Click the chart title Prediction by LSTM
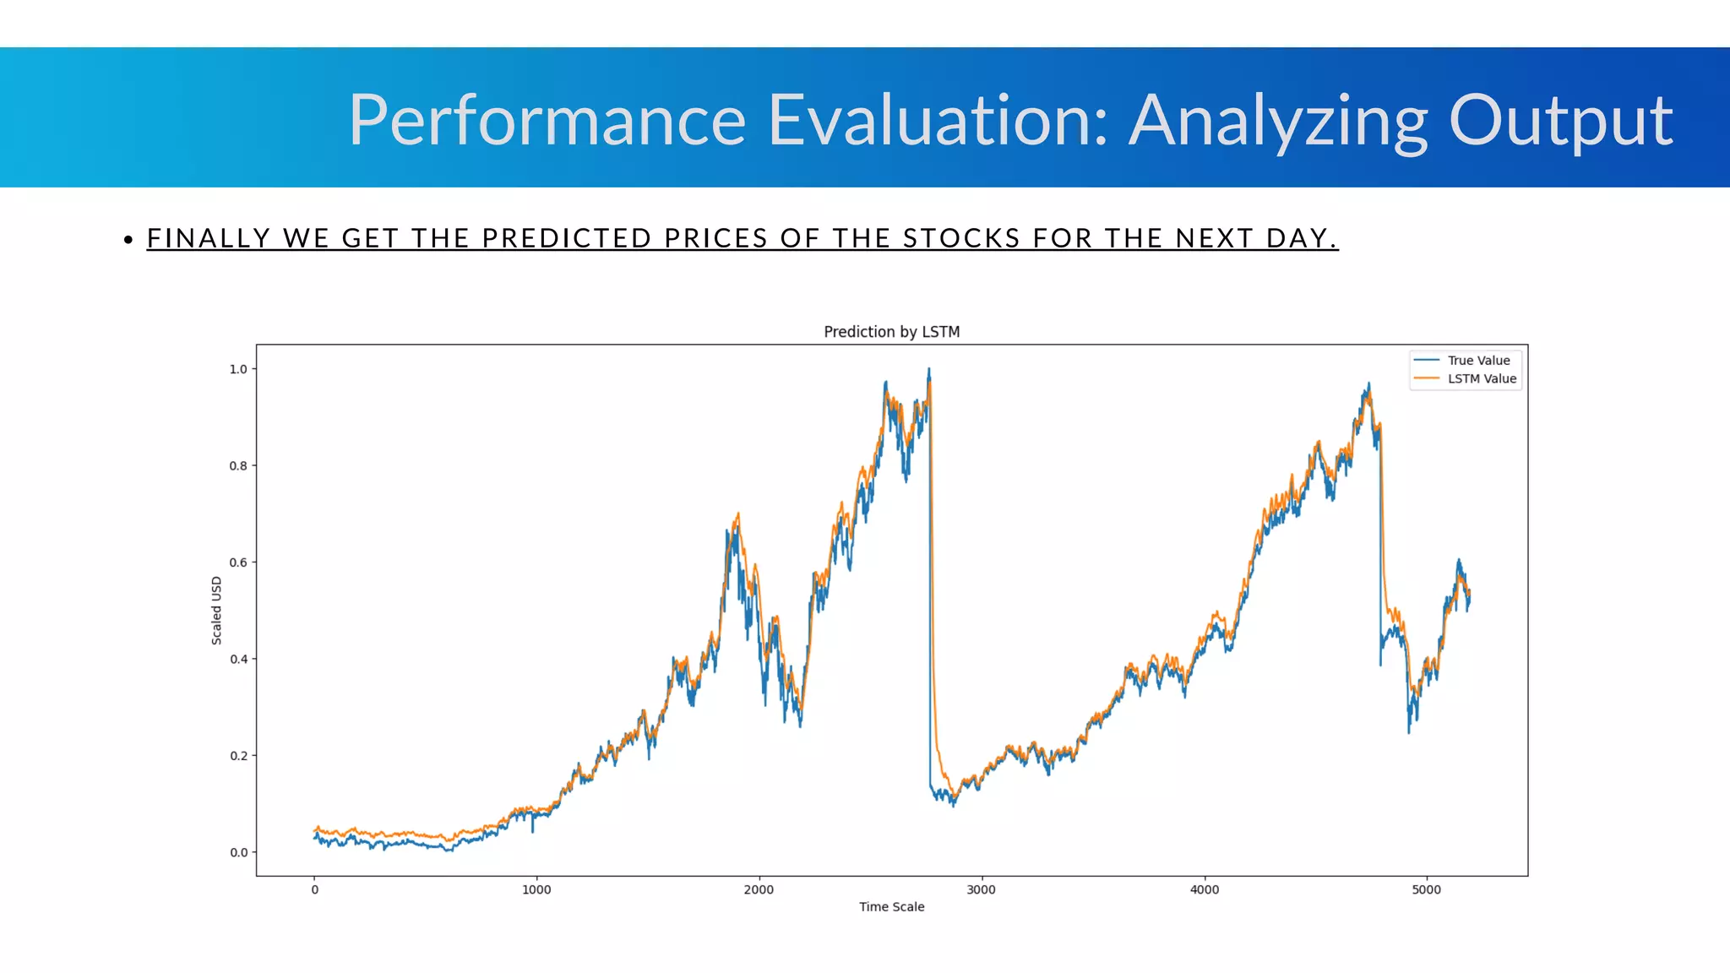[x=891, y=332]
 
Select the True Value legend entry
[x=1477, y=361]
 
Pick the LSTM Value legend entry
[x=1481, y=379]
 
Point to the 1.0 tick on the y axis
[x=238, y=369]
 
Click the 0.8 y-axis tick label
[x=238, y=466]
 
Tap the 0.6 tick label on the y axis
[x=238, y=563]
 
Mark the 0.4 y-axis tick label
[x=238, y=659]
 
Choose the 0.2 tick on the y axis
[x=238, y=756]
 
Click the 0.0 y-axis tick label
[x=238, y=852]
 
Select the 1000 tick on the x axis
[x=536, y=889]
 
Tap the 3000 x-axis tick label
[x=981, y=889]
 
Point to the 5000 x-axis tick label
[x=1426, y=889]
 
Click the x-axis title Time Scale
[x=891, y=907]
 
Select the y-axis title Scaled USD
[x=216, y=610]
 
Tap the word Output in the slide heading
[x=1560, y=120]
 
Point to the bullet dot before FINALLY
[x=128, y=240]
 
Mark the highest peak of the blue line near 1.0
[x=929, y=369]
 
